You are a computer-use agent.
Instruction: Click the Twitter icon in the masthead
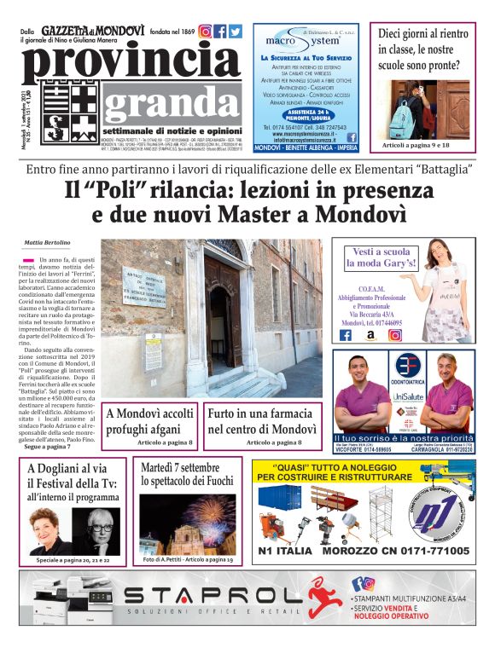point(235,32)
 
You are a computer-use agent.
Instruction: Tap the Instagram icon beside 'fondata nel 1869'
point(206,32)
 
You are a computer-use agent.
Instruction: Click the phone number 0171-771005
point(420,552)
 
